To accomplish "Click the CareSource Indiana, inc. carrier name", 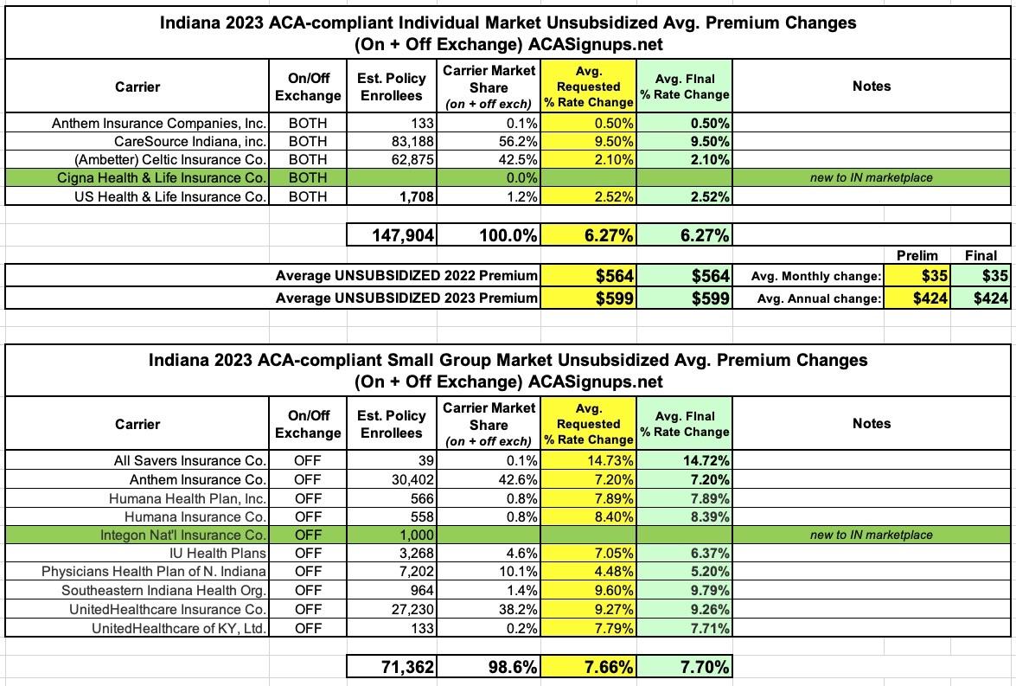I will click(x=190, y=141).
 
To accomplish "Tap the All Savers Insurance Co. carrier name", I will click(x=189, y=461).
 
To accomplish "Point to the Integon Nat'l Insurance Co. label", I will click(x=183, y=535).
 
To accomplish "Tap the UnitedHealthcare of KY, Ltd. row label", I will click(x=179, y=627).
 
